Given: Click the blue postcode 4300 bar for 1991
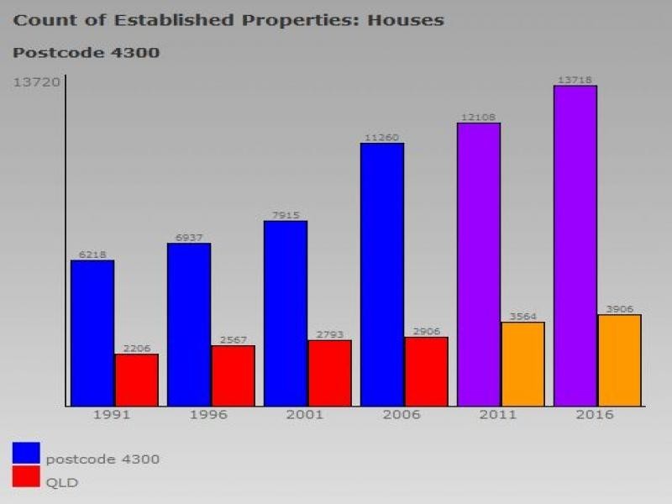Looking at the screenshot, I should point(92,333).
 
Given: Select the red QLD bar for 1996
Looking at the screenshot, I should point(233,375).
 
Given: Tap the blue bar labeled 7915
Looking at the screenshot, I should point(286,313).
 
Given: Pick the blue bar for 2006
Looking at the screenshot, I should point(382,275).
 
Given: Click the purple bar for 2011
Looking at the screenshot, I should point(479,265).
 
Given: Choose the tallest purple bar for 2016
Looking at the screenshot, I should point(575,245).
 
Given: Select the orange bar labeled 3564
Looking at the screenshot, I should point(522,364).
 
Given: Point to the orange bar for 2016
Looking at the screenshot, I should point(619,360).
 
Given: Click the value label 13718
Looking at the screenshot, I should point(575,80).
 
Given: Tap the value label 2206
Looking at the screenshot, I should point(136,348).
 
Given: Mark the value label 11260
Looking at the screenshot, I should point(381,137).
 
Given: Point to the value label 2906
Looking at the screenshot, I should point(426,331).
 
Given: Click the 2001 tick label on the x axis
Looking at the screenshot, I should point(285,415).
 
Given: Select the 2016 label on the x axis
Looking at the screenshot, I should point(596,415).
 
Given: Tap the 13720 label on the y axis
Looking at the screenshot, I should point(36,81).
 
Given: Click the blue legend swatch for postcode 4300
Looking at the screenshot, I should point(26,453).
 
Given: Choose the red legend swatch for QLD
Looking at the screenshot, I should point(26,477).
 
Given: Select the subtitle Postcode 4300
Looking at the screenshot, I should point(86,53).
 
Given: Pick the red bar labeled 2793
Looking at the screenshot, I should point(329,373).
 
